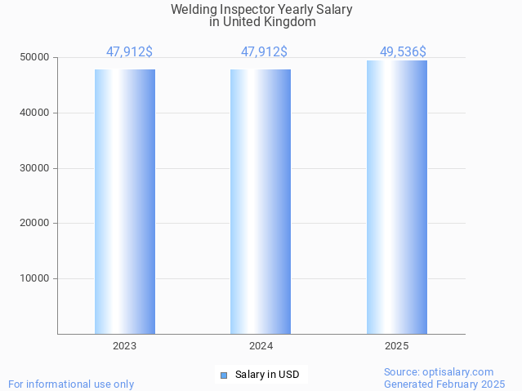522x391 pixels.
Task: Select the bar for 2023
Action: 125,202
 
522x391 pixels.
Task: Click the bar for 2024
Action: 261,202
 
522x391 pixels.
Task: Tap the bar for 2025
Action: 396,197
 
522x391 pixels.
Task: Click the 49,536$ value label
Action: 403,52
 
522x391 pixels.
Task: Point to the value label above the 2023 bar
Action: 129,52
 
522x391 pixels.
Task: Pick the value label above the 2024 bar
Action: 264,52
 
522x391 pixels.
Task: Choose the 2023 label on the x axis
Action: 125,346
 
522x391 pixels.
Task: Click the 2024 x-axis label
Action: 261,346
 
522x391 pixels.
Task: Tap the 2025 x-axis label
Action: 396,346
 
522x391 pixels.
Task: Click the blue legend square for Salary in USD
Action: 224,375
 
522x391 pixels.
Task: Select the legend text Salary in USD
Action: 267,375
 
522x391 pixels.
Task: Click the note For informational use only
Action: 71,384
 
